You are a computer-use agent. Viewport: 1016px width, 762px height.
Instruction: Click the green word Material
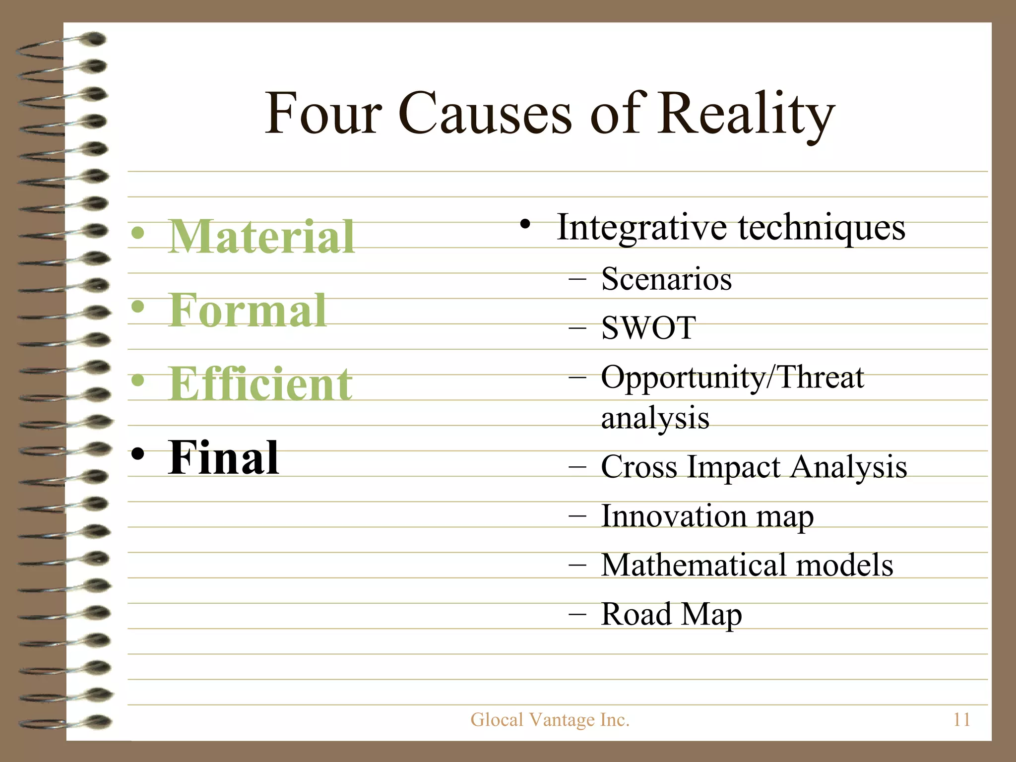261,237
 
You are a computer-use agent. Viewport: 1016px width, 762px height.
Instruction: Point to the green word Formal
248,311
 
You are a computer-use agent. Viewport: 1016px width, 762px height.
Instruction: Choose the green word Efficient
260,384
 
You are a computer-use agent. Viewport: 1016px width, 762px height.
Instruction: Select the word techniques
822,227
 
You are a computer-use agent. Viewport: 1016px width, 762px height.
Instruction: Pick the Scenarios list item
666,279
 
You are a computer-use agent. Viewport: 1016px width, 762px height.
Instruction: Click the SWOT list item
648,328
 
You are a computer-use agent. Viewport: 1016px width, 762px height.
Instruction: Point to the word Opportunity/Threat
732,378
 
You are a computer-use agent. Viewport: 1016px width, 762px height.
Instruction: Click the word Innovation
674,516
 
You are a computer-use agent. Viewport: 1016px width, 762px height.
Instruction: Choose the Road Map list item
671,614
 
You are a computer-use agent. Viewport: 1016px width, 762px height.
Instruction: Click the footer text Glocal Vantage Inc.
550,719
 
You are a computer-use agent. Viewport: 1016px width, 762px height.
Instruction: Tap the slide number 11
961,719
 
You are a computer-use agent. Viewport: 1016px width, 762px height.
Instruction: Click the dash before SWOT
577,328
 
